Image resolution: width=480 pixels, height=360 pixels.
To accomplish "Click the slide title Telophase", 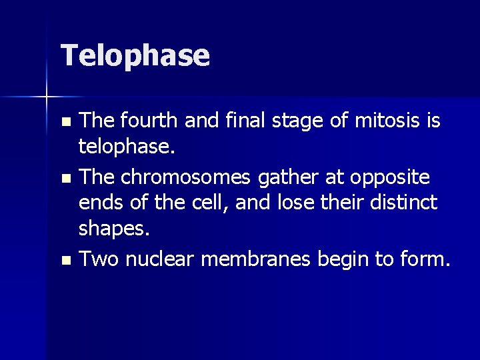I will (135, 56).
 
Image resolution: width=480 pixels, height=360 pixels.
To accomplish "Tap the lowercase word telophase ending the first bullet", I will (125, 147).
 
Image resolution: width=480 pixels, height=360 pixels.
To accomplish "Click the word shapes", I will (113, 229).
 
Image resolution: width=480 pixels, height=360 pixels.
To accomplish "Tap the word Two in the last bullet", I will (99, 259).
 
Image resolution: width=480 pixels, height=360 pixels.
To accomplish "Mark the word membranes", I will (255, 259).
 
